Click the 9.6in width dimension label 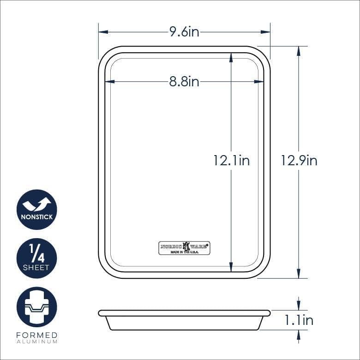click(x=184, y=32)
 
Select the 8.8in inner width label click(x=184, y=82)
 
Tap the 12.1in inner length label click(x=231, y=160)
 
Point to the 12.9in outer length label click(x=299, y=160)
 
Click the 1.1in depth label click(x=299, y=320)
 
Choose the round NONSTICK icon click(x=37, y=210)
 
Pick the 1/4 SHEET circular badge click(x=37, y=258)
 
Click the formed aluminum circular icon click(x=37, y=307)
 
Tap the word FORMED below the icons click(x=37, y=335)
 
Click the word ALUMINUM click(x=37, y=342)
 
